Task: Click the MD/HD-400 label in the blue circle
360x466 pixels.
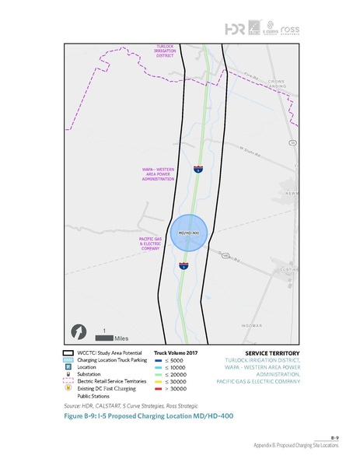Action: tap(190, 233)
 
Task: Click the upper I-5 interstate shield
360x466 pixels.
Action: tap(198, 168)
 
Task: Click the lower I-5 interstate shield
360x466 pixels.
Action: tap(184, 266)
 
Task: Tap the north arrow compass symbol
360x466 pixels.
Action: tap(78, 332)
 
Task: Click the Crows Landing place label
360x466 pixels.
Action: tap(277, 84)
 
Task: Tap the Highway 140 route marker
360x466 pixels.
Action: tap(225, 255)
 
